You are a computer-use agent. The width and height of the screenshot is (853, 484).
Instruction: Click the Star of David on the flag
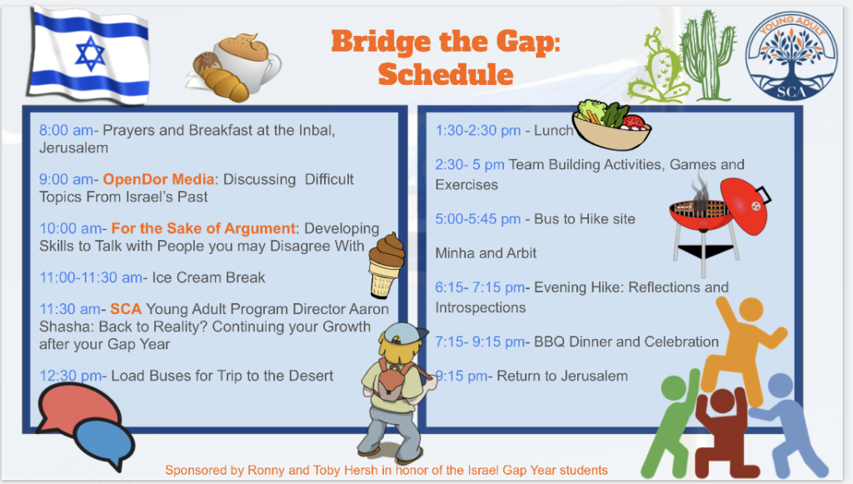pyautogui.click(x=90, y=54)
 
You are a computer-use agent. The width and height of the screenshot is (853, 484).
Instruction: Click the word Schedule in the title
pyautogui.click(x=446, y=74)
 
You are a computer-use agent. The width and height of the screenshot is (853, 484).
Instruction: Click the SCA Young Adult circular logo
pyautogui.click(x=791, y=56)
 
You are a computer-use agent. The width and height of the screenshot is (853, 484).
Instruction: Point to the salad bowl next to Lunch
pyautogui.click(x=611, y=124)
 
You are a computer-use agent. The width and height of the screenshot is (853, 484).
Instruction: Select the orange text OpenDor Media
pyautogui.click(x=158, y=179)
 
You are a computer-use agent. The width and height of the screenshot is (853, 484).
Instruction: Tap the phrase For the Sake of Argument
pyautogui.click(x=203, y=228)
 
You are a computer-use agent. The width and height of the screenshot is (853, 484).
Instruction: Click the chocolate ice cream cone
pyautogui.click(x=387, y=265)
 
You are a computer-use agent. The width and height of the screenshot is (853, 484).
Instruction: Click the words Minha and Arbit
pyautogui.click(x=486, y=253)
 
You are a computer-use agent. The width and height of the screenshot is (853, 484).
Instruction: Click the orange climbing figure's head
pyautogui.click(x=751, y=309)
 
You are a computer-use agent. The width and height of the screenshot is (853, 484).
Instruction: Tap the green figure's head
pyautogui.click(x=673, y=387)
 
